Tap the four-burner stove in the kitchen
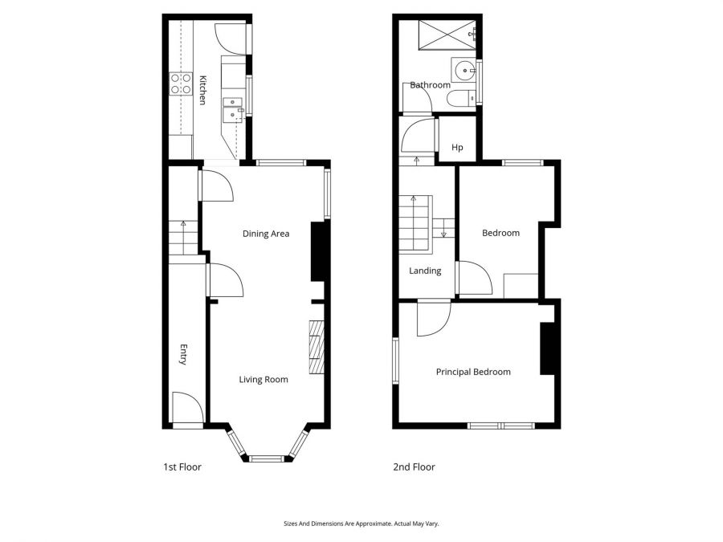181,84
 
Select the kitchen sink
232,108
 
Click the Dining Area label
266,234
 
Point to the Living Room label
263,379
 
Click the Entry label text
183,355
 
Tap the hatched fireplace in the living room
317,346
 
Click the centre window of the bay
266,458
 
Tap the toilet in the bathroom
459,99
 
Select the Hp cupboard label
457,148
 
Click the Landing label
425,271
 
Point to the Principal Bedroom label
473,372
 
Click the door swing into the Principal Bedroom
432,319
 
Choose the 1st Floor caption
182,467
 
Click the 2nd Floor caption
414,467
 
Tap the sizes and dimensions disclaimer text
361,524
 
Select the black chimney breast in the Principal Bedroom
548,348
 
